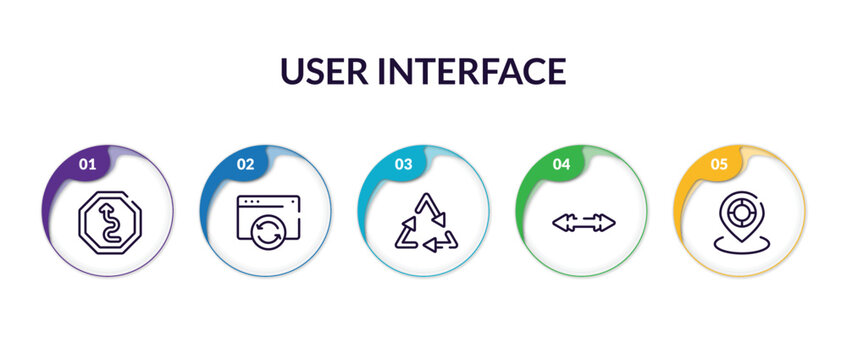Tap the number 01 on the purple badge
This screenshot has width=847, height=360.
point(88,164)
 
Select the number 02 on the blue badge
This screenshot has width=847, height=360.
point(246,164)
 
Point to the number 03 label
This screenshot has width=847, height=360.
point(404,164)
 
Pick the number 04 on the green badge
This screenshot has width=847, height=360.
point(562,164)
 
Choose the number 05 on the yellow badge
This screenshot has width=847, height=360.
point(720,164)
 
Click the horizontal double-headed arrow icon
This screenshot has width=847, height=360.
point(583,222)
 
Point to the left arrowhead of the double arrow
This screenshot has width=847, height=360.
point(558,222)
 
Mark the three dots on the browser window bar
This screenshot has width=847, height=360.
point(249,202)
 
